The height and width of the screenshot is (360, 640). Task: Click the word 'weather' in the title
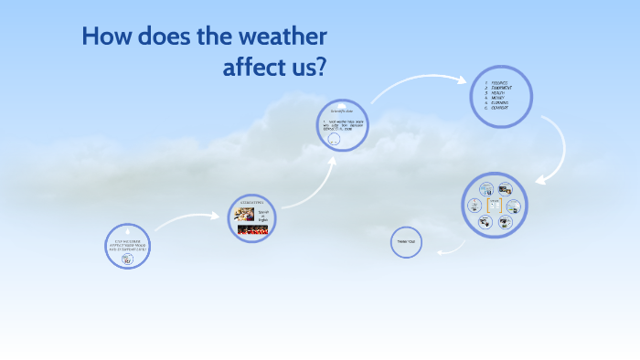(278, 38)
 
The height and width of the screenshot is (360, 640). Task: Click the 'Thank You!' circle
(406, 242)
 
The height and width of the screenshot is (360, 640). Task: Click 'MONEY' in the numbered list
(497, 98)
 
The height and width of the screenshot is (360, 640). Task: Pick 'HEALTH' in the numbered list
(498, 92)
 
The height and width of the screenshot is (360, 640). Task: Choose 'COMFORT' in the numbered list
(500, 109)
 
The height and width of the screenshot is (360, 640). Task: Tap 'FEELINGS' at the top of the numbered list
(499, 82)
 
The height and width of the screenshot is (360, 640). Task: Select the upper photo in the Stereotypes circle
(244, 215)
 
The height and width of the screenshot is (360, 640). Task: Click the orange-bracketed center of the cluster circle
(495, 206)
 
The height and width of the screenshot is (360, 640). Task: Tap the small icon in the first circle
(127, 259)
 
